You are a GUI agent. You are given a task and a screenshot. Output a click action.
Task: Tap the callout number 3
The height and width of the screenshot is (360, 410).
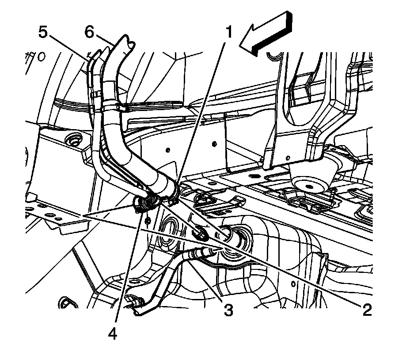tap(228, 310)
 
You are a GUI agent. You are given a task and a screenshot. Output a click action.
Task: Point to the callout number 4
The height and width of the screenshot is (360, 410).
tap(113, 335)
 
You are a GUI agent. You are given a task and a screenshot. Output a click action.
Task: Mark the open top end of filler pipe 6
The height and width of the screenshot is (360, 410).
tap(126, 43)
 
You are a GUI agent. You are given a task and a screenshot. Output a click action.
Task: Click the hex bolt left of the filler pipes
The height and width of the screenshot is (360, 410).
tap(72, 142)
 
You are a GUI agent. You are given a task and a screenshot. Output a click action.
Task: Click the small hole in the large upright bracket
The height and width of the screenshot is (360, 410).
tap(288, 157)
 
